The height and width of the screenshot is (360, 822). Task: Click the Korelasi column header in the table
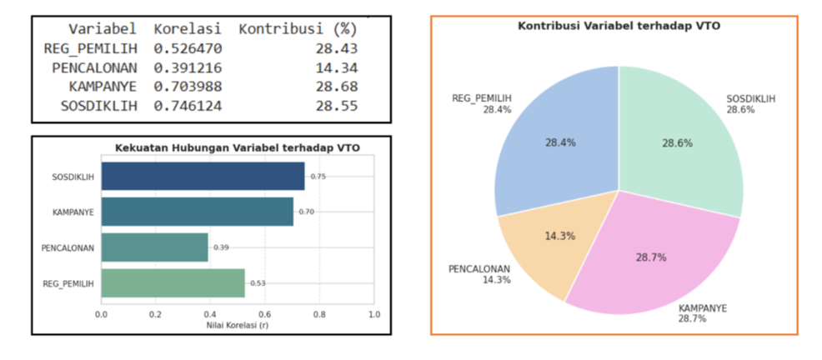188,29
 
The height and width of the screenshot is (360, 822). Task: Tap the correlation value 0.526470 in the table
188,48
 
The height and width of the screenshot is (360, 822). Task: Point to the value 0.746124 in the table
188,106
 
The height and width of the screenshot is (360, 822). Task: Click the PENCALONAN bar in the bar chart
154,247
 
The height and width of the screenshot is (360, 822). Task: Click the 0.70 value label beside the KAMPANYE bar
306,212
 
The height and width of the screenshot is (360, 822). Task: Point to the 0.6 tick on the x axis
264,314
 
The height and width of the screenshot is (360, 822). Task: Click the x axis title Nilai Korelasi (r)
237,324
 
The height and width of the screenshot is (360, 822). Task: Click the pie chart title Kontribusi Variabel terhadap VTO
619,27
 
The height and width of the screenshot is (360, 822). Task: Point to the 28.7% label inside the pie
650,258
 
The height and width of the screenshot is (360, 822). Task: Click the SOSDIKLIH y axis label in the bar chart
73,177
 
